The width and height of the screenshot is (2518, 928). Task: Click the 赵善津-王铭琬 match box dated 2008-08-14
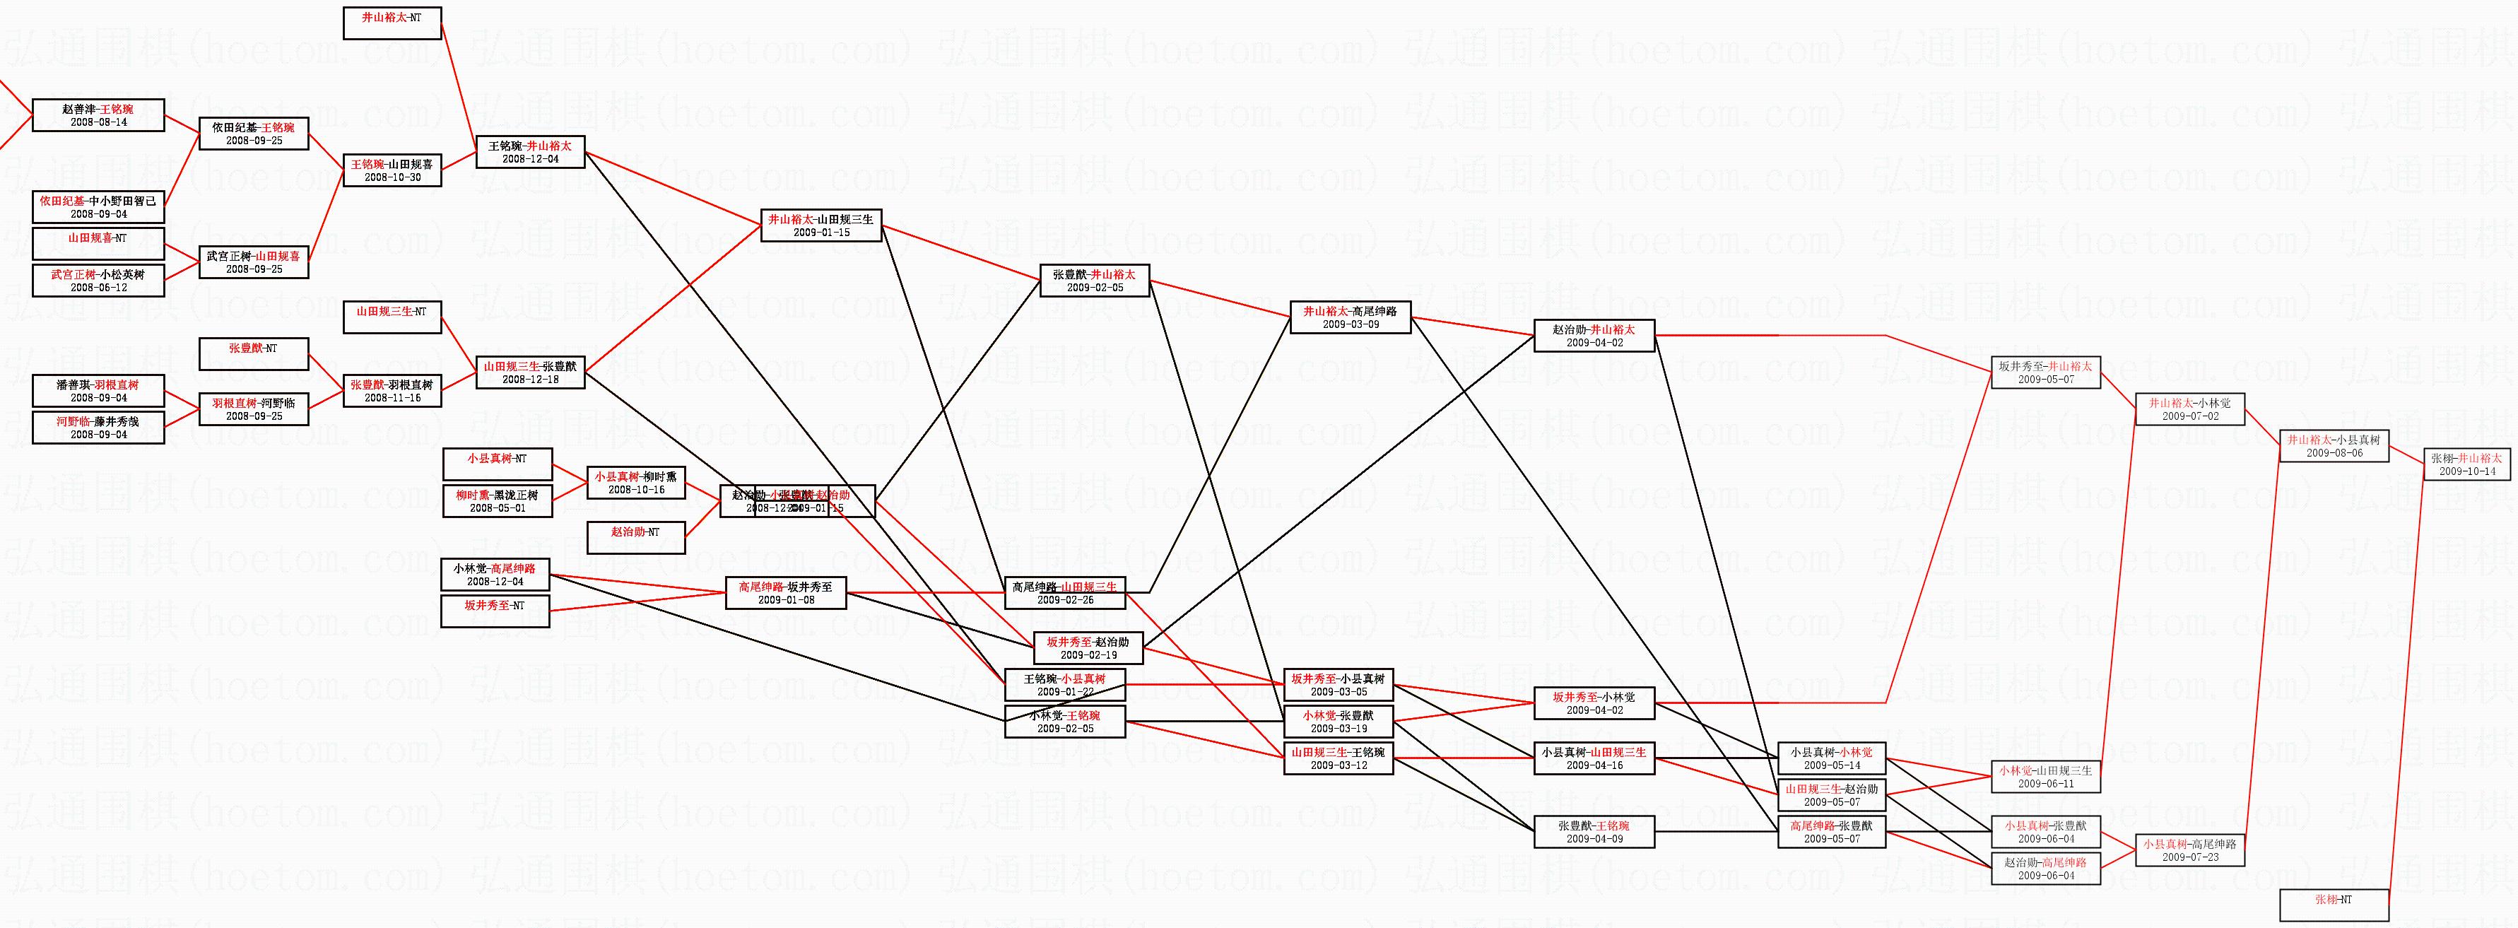coord(98,115)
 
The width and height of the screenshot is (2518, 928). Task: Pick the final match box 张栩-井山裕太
coord(2465,464)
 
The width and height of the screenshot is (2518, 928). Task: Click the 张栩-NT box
coord(2334,905)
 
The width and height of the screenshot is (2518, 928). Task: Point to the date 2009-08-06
coord(2334,454)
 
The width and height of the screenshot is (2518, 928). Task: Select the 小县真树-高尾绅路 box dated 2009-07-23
coord(2189,850)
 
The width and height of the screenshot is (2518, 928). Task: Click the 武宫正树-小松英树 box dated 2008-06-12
coord(98,281)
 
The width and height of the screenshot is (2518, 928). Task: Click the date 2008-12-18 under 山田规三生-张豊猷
coord(530,380)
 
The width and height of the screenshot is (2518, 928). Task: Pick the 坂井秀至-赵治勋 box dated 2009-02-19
coord(1087,648)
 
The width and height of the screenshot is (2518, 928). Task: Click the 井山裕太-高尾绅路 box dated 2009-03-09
coord(1350,318)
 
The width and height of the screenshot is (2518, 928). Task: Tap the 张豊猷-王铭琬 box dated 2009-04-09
coord(1594,832)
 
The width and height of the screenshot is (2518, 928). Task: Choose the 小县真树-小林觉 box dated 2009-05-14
coord(1831,759)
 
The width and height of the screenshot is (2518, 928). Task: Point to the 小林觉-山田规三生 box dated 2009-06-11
coord(2046,777)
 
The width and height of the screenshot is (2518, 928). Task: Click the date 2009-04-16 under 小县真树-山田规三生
coord(1594,765)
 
